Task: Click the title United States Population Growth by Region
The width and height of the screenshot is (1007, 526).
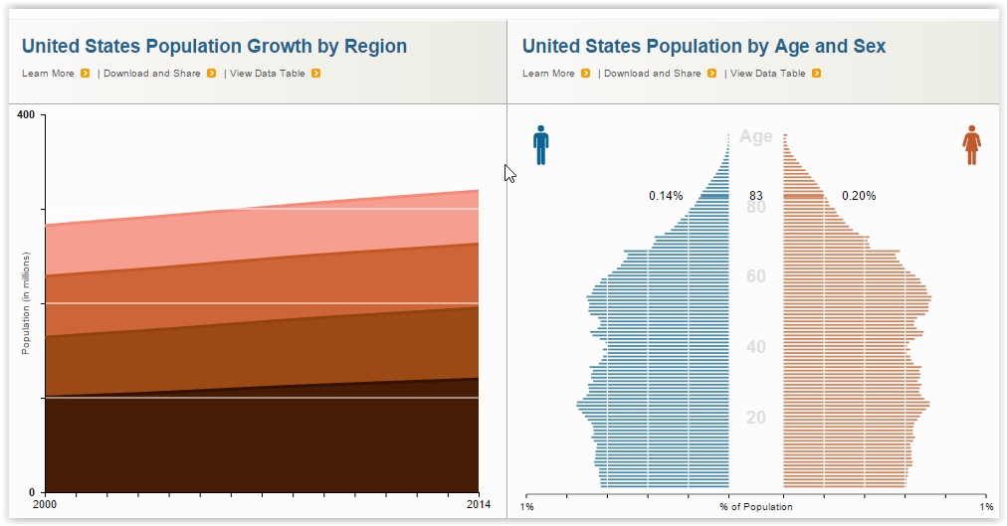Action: click(214, 46)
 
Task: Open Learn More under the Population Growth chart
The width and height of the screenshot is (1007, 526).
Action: click(48, 74)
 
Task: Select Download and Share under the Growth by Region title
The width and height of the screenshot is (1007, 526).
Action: click(152, 74)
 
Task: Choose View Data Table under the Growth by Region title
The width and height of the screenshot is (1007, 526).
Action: click(269, 74)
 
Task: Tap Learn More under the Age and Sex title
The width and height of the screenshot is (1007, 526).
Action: click(548, 74)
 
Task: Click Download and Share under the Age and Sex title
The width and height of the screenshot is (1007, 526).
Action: click(653, 74)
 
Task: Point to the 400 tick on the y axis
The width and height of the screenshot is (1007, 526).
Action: click(26, 115)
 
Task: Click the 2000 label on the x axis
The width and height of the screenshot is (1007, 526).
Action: click(46, 504)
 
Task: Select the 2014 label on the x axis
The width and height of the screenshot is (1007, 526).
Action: click(479, 504)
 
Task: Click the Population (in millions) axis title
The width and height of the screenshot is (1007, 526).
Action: click(26, 303)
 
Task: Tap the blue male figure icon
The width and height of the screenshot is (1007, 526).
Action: click(540, 144)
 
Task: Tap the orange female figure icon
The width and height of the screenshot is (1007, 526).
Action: click(971, 145)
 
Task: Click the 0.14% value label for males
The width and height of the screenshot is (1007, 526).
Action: click(666, 196)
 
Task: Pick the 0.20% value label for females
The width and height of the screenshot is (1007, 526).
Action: click(859, 196)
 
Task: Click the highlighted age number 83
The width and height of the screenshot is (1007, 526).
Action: click(756, 196)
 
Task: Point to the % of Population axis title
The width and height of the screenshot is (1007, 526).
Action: click(756, 507)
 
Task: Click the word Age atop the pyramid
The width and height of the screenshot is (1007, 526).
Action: click(756, 137)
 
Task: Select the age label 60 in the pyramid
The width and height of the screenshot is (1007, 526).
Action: click(756, 276)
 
